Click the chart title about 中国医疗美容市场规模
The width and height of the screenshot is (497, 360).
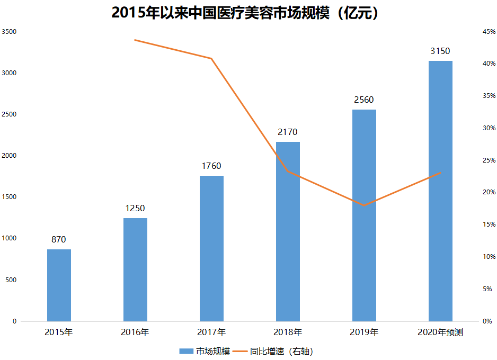[x=248, y=13]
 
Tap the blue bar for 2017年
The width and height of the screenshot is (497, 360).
[x=211, y=248]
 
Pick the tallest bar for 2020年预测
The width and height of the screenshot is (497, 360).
[x=440, y=191]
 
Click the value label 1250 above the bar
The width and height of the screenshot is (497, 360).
[x=135, y=209]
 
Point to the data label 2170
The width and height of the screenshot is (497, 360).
[x=288, y=132]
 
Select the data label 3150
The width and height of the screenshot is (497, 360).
[x=440, y=51]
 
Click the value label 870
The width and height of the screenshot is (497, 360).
[x=59, y=240]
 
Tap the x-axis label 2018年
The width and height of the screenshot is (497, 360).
[x=288, y=332]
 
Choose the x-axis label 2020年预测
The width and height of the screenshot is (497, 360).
[x=440, y=332]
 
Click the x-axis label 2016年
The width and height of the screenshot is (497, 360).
[x=135, y=332]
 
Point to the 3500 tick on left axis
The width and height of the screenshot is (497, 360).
[x=10, y=32]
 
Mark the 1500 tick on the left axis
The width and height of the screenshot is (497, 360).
[x=10, y=197]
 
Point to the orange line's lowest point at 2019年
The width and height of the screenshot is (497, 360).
[x=364, y=205]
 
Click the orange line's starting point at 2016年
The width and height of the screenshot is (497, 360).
[x=135, y=40]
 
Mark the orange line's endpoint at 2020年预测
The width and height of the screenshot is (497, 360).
[x=440, y=173]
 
